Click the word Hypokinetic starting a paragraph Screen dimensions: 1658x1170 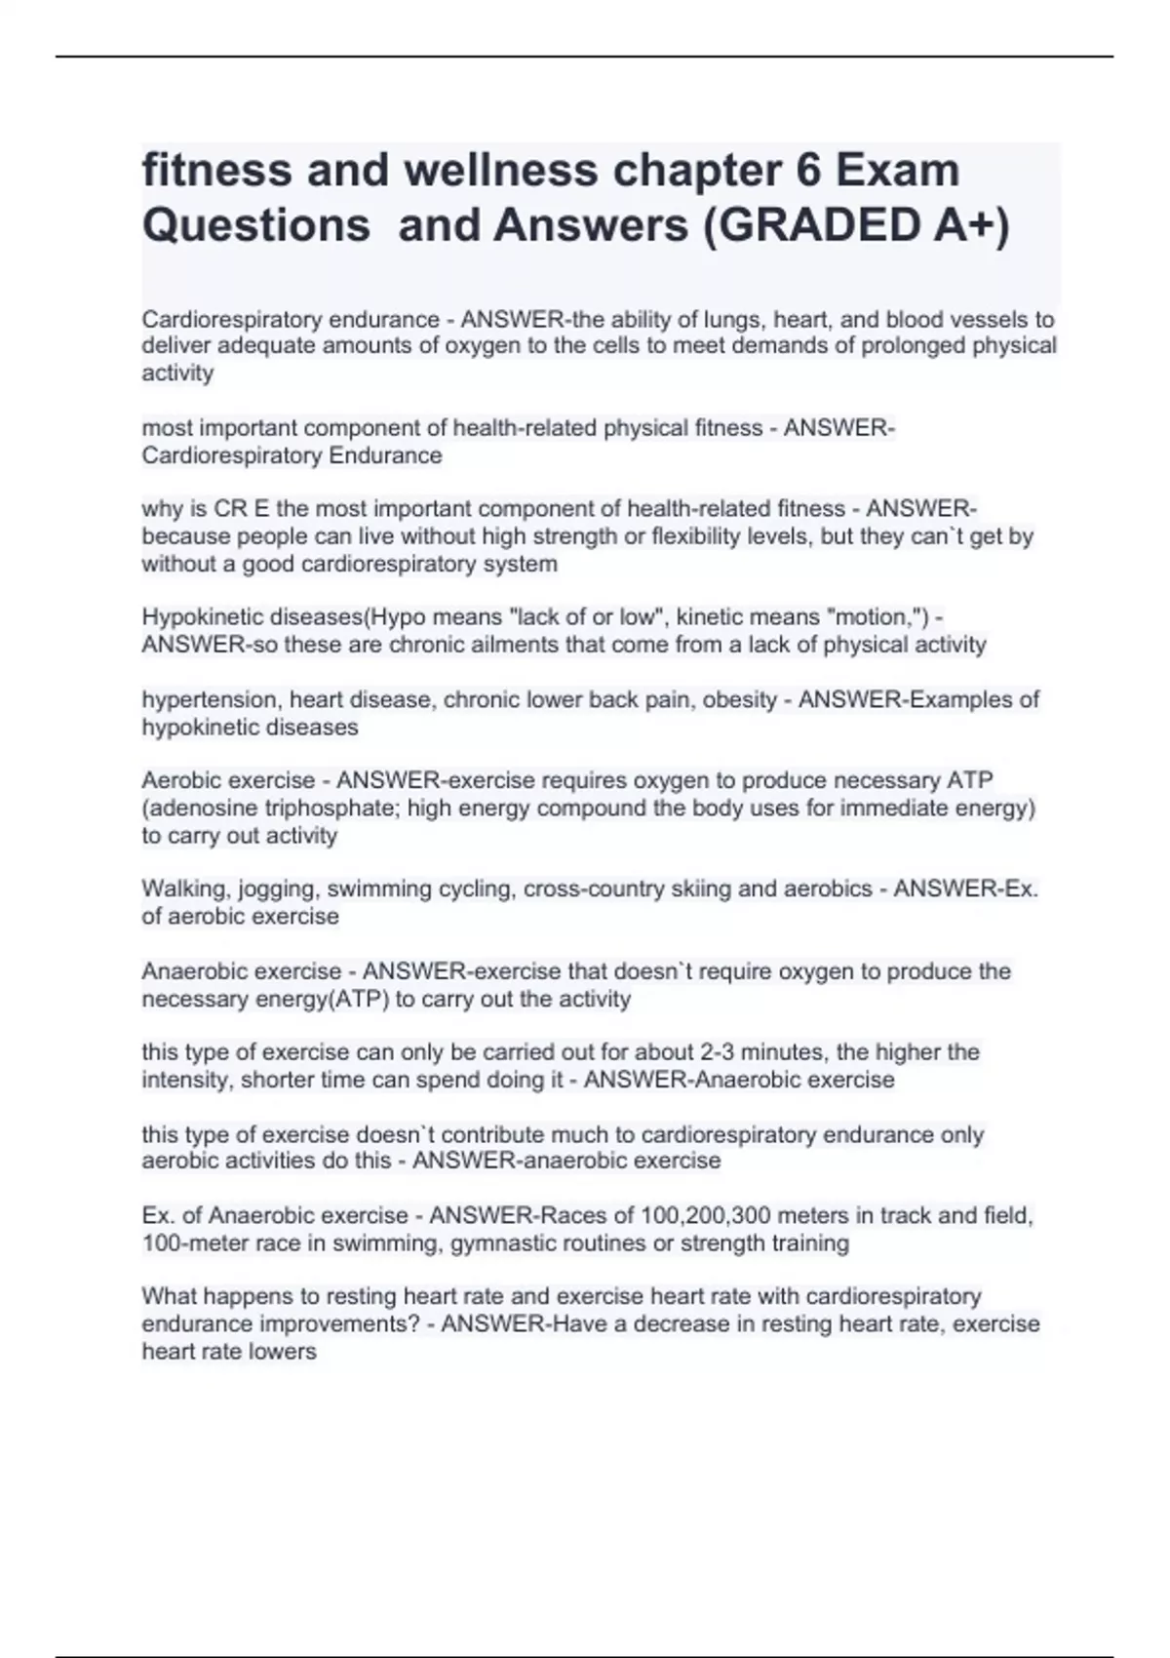point(201,617)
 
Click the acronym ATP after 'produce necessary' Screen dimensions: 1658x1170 point(969,780)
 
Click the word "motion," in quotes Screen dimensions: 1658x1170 point(881,617)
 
